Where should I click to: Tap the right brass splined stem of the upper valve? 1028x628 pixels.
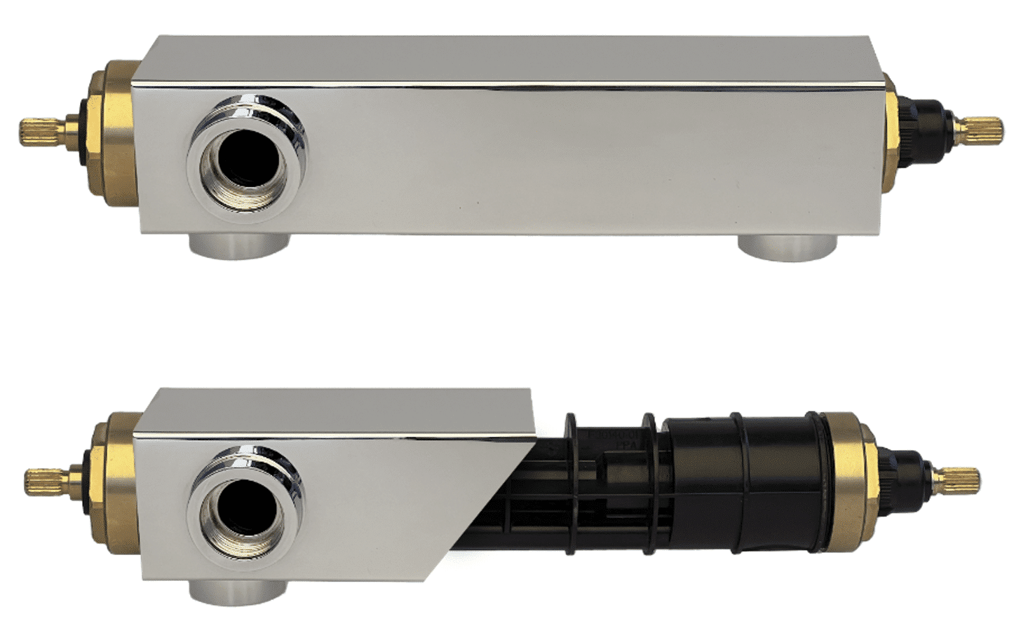click(x=986, y=128)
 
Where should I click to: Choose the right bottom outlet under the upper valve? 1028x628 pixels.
click(x=790, y=246)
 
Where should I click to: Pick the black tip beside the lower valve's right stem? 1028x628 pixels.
click(x=908, y=477)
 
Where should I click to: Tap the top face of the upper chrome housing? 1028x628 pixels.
click(x=512, y=60)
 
